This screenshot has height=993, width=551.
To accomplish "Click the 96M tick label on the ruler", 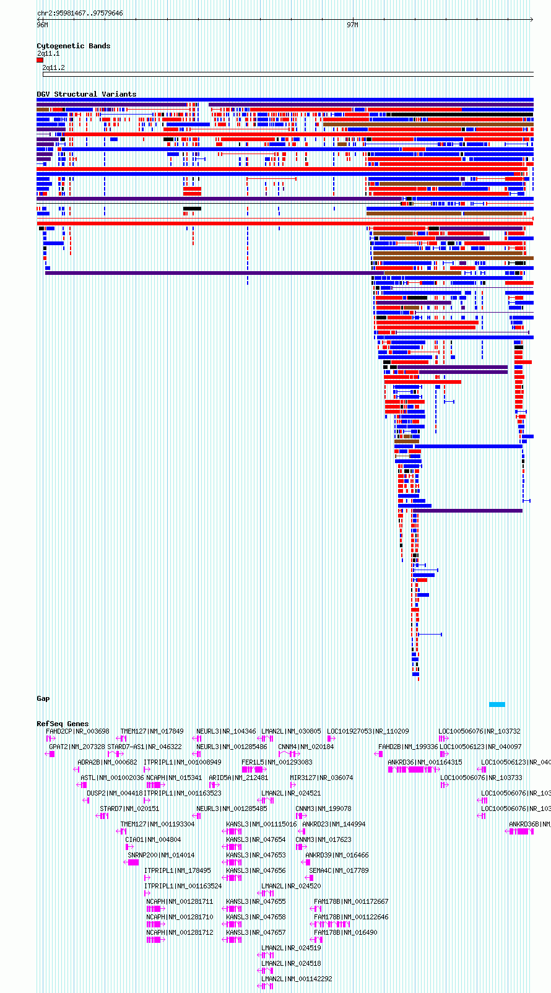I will pyautogui.click(x=42, y=25).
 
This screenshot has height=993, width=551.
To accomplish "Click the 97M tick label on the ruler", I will pyautogui.click(x=352, y=25).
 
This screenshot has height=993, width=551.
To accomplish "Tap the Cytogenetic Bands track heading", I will pyautogui.click(x=73, y=46).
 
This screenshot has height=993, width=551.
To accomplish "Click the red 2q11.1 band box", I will pyautogui.click(x=40, y=60).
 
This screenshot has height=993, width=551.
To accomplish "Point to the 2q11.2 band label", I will pyautogui.click(x=54, y=68).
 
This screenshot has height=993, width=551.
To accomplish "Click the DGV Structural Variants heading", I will pyautogui.click(x=86, y=94).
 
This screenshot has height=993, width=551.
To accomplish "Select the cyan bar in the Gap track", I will pyautogui.click(x=497, y=705).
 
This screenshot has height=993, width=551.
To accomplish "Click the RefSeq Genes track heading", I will pyautogui.click(x=63, y=724).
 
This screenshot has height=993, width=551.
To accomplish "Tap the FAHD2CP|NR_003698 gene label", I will pyautogui.click(x=77, y=732).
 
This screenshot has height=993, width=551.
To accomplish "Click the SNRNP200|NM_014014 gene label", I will pyautogui.click(x=161, y=856).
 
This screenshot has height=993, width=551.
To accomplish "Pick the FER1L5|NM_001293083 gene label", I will pyautogui.click(x=277, y=763).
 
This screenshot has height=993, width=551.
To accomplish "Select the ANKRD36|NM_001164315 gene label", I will pyautogui.click(x=425, y=763).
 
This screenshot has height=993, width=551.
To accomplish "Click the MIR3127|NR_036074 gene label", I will pyautogui.click(x=321, y=778).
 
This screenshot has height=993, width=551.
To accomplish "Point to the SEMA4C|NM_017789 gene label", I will pyautogui.click(x=339, y=871).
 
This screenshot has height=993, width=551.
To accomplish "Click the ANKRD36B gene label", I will pyautogui.click(x=529, y=825).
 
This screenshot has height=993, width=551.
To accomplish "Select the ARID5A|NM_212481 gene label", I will pyautogui.click(x=238, y=778).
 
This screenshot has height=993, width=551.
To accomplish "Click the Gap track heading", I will pyautogui.click(x=43, y=699).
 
